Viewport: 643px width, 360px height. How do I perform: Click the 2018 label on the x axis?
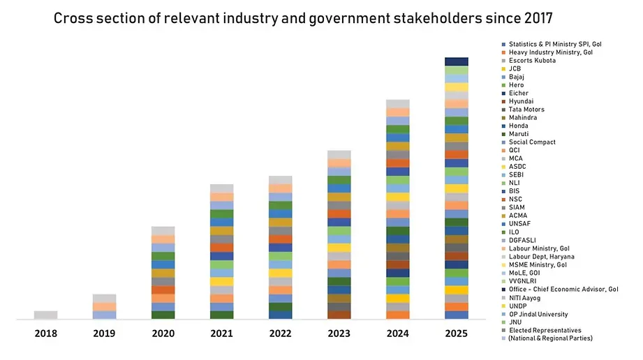click(x=46, y=333)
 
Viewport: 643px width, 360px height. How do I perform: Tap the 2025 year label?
click(x=457, y=333)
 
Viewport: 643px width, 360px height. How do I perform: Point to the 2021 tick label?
click(x=221, y=333)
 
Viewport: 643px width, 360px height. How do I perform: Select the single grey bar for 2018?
click(x=46, y=315)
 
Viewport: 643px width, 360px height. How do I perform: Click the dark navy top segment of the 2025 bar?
click(x=457, y=61)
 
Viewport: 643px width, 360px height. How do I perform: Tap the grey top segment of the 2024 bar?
click(x=398, y=104)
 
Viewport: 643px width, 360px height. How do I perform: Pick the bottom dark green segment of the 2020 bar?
click(x=163, y=315)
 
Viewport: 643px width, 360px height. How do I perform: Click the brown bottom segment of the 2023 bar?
click(x=339, y=315)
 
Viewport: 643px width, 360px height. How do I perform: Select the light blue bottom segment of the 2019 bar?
click(x=105, y=315)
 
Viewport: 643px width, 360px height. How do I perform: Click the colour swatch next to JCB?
click(x=503, y=69)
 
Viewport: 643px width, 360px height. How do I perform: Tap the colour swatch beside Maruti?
click(x=503, y=134)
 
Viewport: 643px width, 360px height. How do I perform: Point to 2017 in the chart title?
click(x=538, y=18)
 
